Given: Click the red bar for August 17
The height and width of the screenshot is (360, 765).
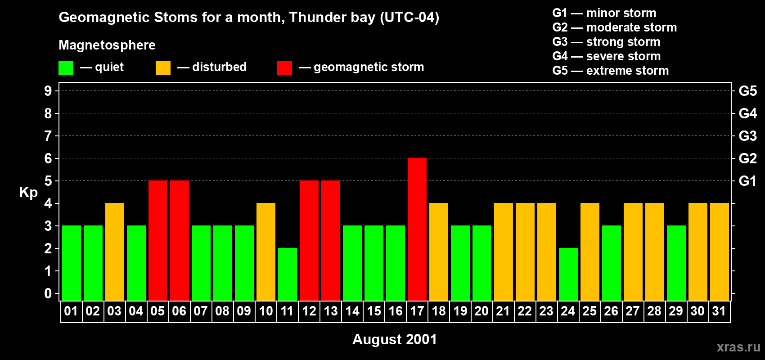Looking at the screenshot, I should pos(417,229).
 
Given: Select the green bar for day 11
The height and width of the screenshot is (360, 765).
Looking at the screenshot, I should pos(288,274).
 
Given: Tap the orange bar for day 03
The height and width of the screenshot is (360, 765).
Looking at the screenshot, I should pos(115,252).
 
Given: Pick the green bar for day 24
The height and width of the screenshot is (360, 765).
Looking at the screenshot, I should pos(568,274).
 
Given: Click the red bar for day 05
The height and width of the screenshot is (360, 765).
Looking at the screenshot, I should pos(158,240).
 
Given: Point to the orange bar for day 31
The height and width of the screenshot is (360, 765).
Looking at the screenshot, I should pos(720,252).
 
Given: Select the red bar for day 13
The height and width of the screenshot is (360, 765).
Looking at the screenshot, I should pos(331,240).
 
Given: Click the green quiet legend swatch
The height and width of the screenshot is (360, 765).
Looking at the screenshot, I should pos(66,68).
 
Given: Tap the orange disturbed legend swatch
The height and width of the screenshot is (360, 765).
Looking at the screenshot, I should pos(163,68).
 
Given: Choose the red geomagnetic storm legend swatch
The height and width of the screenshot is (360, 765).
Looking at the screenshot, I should pos(284,68).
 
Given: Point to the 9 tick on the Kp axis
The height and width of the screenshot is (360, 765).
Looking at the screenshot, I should pos(48,91).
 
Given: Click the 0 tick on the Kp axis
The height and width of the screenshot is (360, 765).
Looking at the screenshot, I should pos(48,293).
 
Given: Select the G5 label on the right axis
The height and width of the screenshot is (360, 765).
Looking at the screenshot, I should pos(747,91).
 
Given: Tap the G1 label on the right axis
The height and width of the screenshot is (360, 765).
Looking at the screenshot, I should pos(747,181).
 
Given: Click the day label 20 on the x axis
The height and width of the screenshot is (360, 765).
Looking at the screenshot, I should pos(481,311).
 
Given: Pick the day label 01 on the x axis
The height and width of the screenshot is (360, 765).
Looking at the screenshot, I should pos(71,311).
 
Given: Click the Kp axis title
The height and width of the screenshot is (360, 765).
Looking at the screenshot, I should pos(28,192).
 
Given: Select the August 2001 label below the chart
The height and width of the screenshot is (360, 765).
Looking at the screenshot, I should pos(395,339).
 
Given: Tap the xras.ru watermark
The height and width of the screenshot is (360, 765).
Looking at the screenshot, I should pos(738,346).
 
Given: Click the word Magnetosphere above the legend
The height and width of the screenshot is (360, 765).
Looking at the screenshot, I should pos(107,45).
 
